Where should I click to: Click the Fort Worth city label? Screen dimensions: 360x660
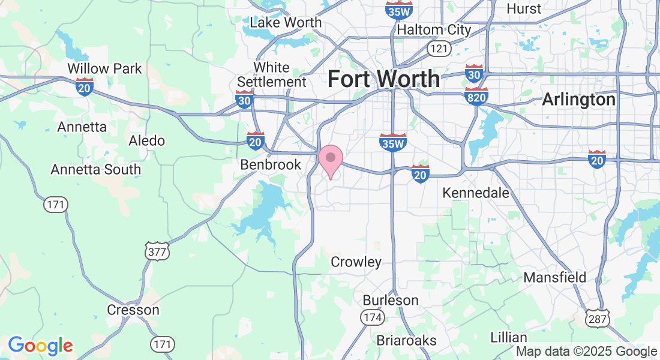point(383,79)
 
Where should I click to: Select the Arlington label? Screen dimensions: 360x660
point(578,100)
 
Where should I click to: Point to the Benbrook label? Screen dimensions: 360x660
point(271,164)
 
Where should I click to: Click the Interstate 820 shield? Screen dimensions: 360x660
point(476,96)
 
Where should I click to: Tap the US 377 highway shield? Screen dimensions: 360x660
point(157,252)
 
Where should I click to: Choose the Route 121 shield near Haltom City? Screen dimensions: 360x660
point(436,48)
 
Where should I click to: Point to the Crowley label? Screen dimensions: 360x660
point(356,262)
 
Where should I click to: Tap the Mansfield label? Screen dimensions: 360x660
point(555,277)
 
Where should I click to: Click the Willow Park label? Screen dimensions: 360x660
point(105,68)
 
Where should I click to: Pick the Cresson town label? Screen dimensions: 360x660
point(133,310)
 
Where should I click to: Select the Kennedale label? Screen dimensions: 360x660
point(476,193)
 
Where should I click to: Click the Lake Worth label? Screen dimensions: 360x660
point(286,23)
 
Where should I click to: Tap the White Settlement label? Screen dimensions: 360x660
point(272,74)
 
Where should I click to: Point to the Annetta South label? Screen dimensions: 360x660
point(96,169)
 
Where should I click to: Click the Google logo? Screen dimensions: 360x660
point(40,346)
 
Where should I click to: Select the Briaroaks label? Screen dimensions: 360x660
point(407,340)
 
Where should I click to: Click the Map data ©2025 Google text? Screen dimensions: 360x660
point(587,352)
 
